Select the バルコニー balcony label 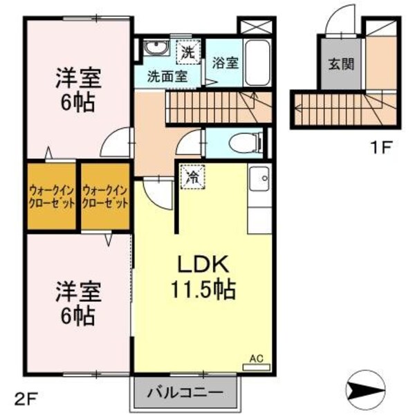tap(185, 392)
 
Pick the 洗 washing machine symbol tap(187, 50)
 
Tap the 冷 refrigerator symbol tap(193, 176)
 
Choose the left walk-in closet tap(51, 196)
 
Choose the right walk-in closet tap(105, 196)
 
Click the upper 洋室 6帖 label tap(77, 91)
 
